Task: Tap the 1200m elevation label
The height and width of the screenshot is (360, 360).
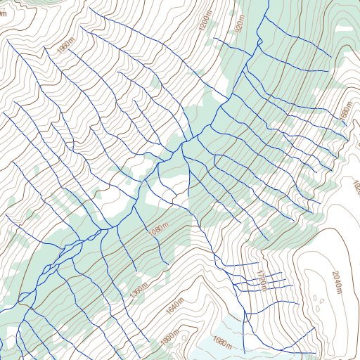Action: [205, 27]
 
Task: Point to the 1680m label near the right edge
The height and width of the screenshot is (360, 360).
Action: [345, 112]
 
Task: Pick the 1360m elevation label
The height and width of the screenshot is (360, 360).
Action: [139, 288]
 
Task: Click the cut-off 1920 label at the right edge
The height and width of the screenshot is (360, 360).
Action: [355, 186]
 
